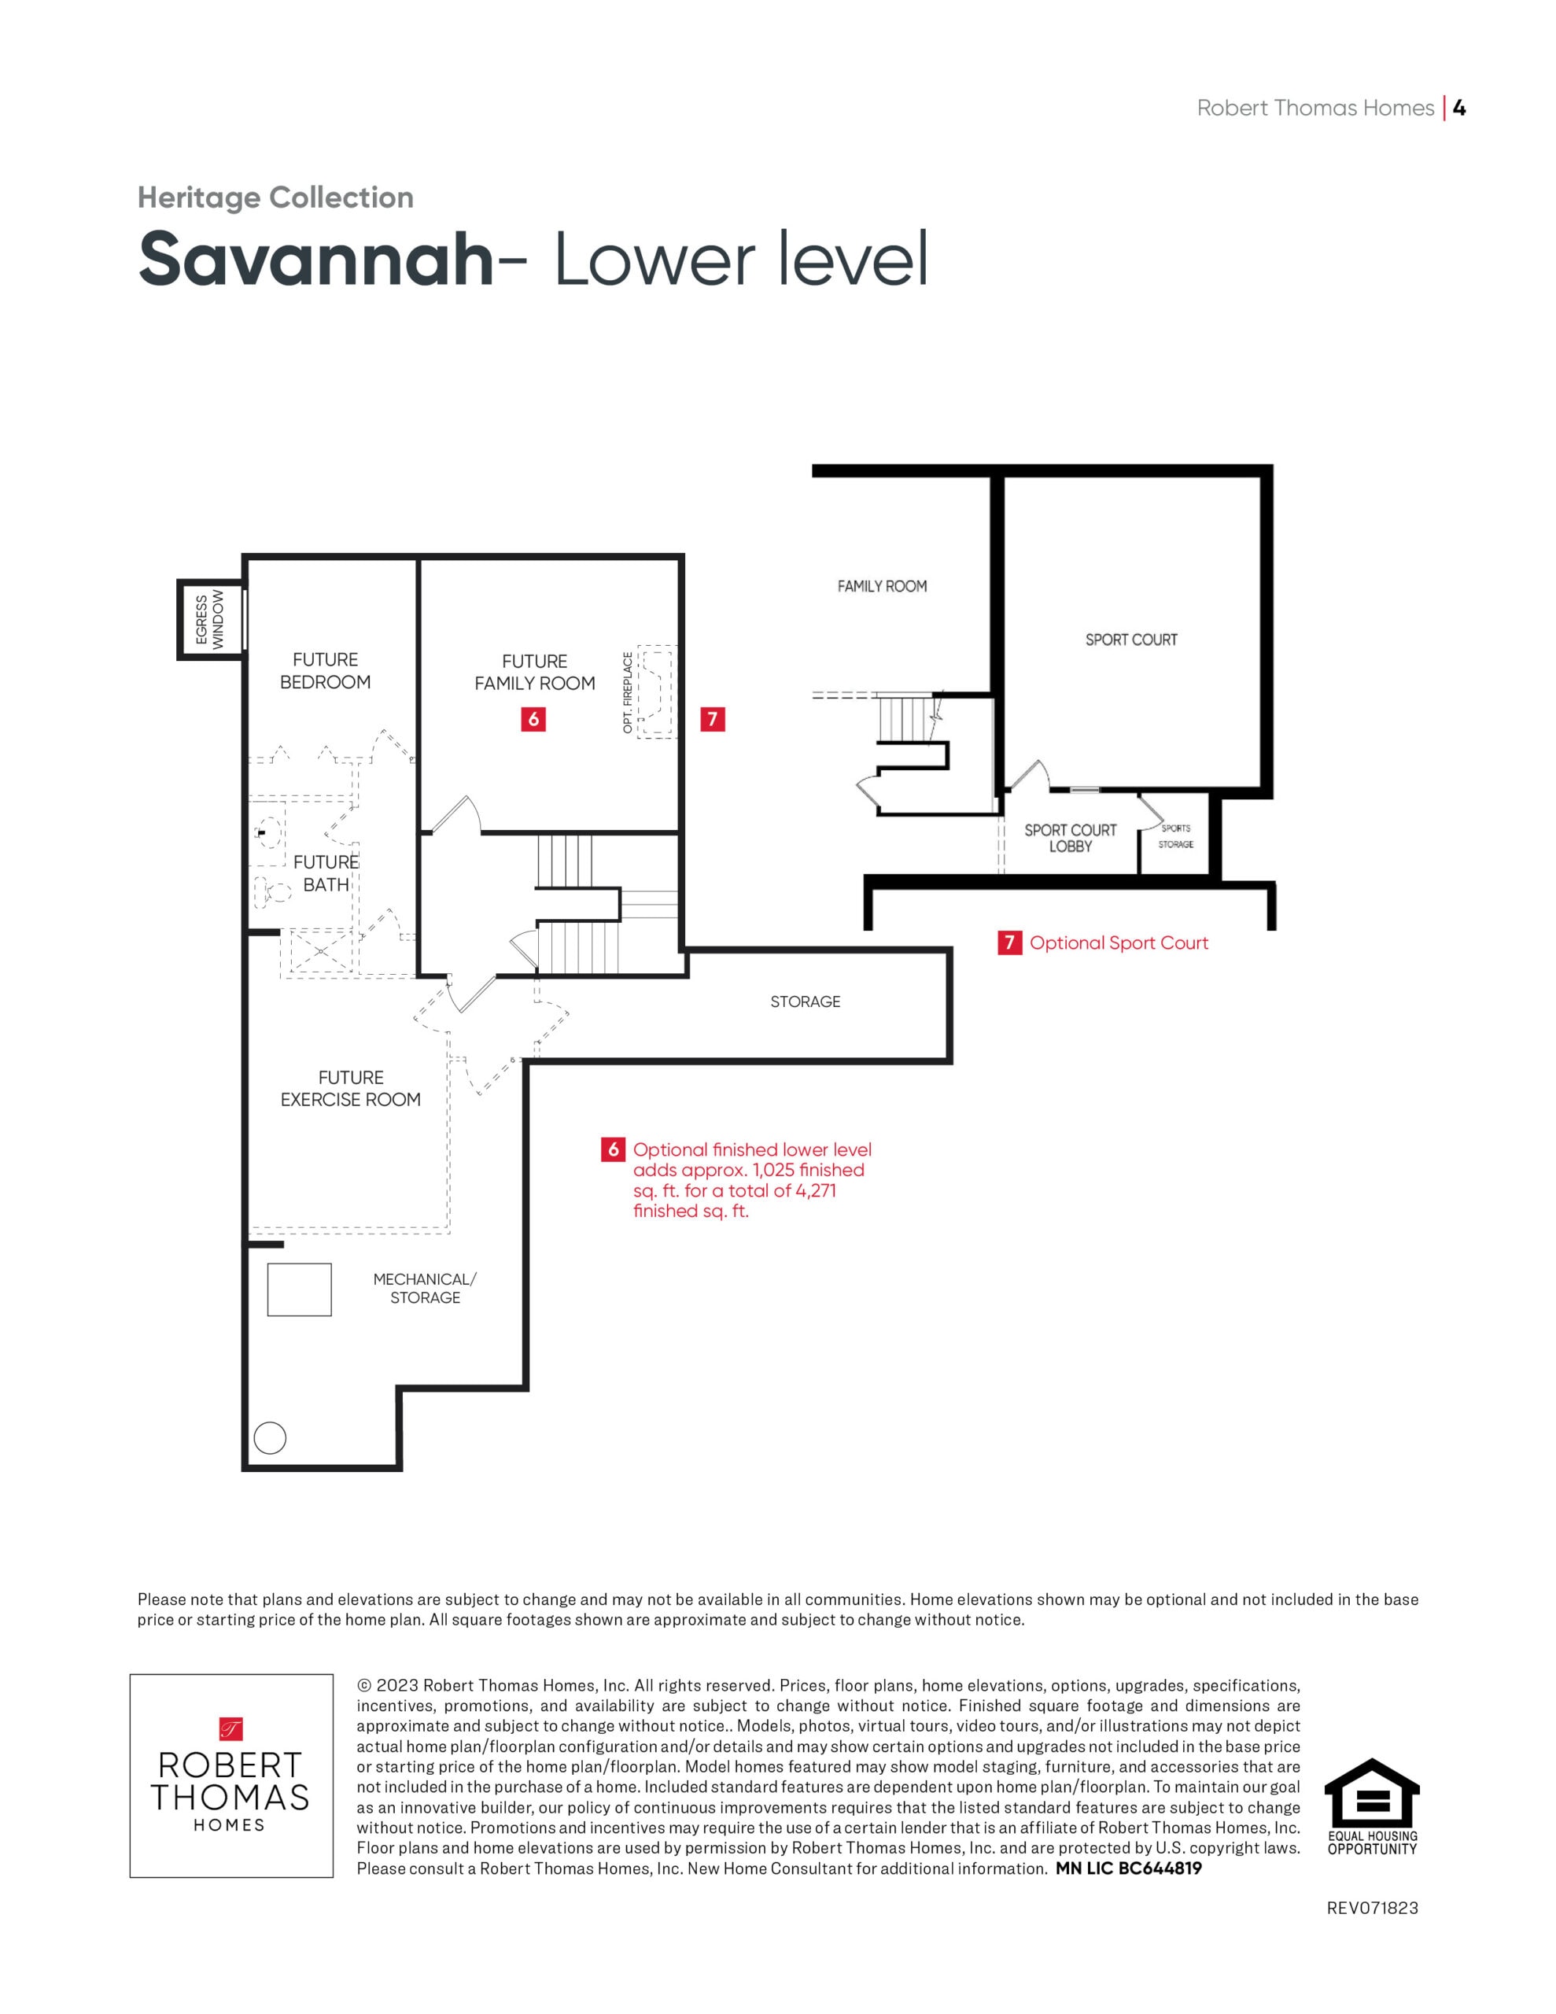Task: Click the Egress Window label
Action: [x=209, y=621]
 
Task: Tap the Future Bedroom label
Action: [x=326, y=670]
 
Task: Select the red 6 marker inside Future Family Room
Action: [x=533, y=719]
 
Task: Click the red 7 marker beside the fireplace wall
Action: [x=712, y=719]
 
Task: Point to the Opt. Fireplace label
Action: [x=628, y=692]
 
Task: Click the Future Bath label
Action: [x=326, y=873]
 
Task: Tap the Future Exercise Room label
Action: [x=351, y=1088]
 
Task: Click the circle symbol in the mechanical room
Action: [x=271, y=1437]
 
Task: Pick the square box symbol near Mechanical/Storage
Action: [x=299, y=1289]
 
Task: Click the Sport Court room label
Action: [x=1130, y=640]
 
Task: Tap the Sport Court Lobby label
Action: [x=1070, y=838]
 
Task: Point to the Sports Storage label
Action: [x=1176, y=836]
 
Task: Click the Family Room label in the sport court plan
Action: [x=882, y=586]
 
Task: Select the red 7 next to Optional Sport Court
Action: [x=1010, y=942]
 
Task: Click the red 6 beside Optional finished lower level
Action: [x=613, y=1150]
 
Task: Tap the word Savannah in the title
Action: [x=316, y=259]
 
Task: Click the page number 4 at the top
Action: [x=1459, y=108]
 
